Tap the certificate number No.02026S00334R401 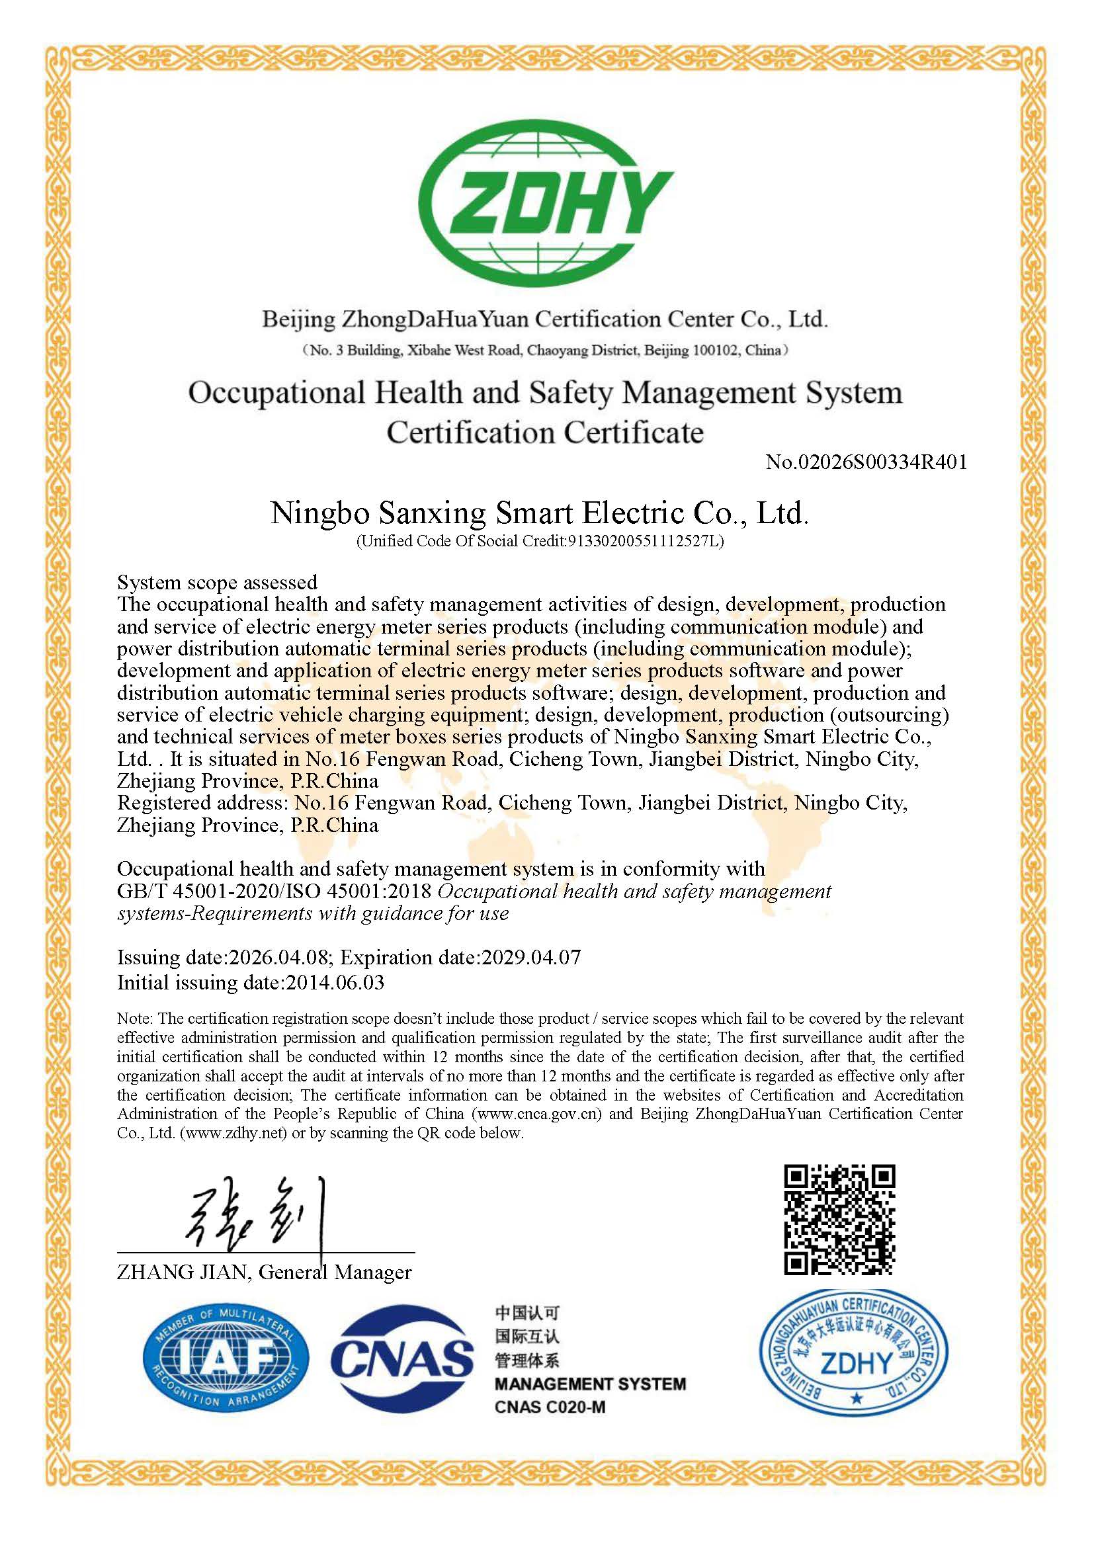tap(866, 462)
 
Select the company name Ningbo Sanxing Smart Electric tap(539, 513)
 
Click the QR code tap(839, 1220)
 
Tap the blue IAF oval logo tap(226, 1359)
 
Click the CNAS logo tap(401, 1359)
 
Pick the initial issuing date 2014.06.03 tap(335, 982)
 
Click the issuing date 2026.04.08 tap(279, 958)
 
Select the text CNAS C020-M tap(550, 1407)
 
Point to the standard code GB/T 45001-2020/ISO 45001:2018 tap(274, 892)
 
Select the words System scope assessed tap(217, 582)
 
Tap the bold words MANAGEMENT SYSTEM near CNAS tap(590, 1384)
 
